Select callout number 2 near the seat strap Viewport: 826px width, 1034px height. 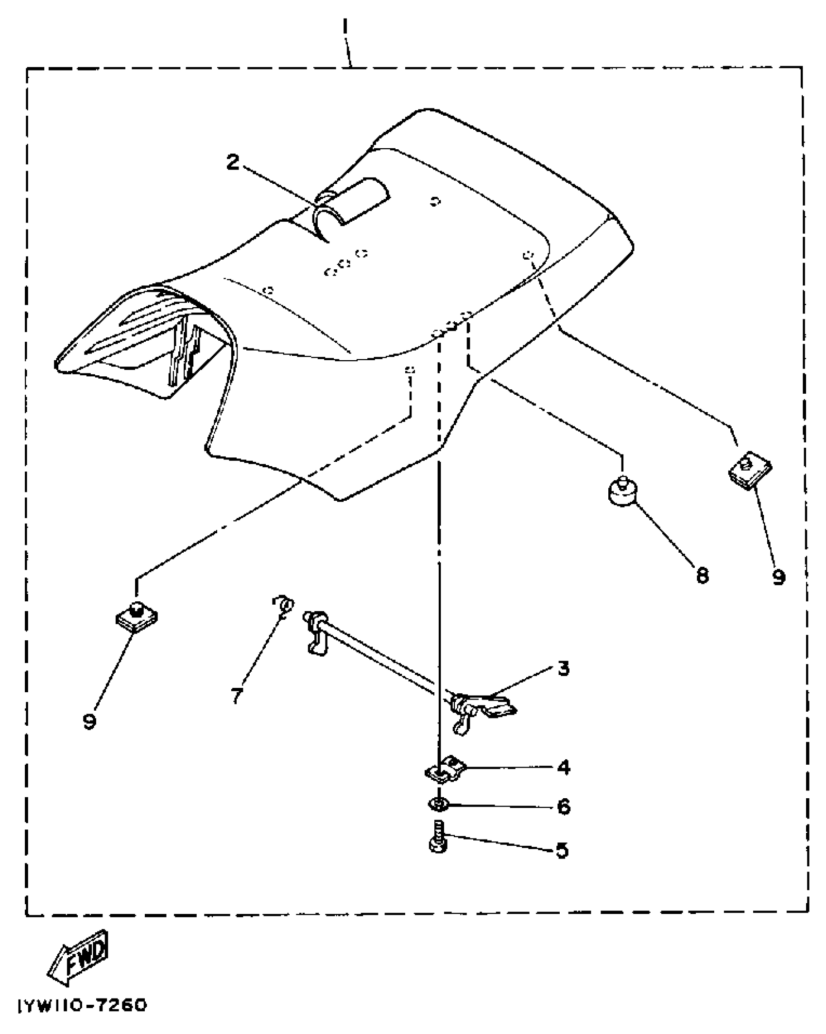pos(233,162)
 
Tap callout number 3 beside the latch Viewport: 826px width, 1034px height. pos(563,669)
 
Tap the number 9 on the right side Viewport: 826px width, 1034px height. pos(778,577)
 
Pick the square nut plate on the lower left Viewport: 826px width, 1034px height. pos(137,617)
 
